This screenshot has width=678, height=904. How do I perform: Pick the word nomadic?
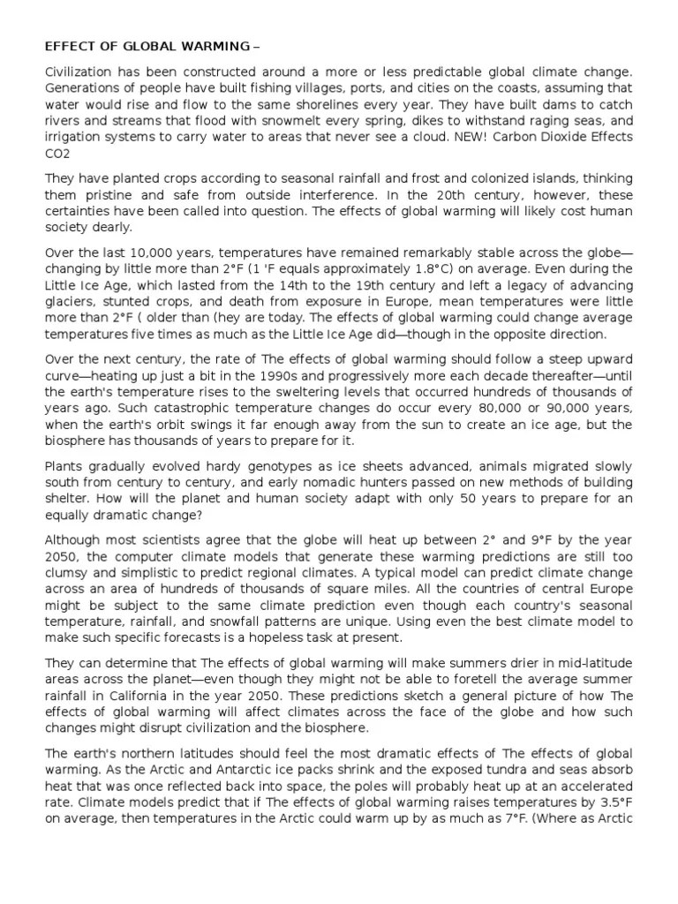364,482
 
